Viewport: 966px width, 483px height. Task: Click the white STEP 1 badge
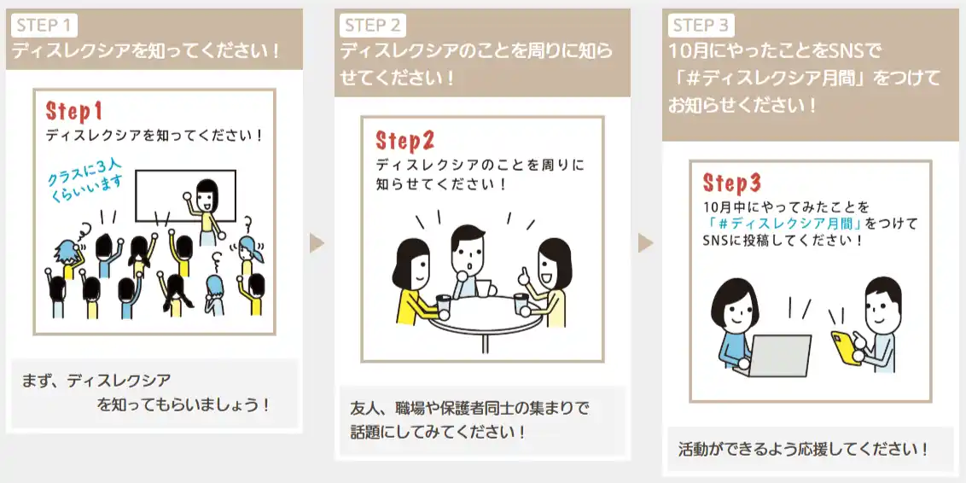pos(44,26)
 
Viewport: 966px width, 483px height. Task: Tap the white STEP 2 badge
pos(373,26)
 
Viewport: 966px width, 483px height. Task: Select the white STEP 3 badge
pos(701,26)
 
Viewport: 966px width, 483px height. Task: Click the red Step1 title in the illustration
pos(74,112)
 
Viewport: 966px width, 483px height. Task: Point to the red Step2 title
pos(405,141)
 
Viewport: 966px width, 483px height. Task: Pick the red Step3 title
pos(732,183)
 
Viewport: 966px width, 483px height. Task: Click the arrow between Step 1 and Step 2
pos(317,242)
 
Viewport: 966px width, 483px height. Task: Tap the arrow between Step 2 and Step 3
pos(645,242)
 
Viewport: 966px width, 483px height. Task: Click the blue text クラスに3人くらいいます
pos(86,176)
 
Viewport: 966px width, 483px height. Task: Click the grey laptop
pos(779,356)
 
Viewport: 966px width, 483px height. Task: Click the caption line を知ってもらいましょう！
pos(183,405)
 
